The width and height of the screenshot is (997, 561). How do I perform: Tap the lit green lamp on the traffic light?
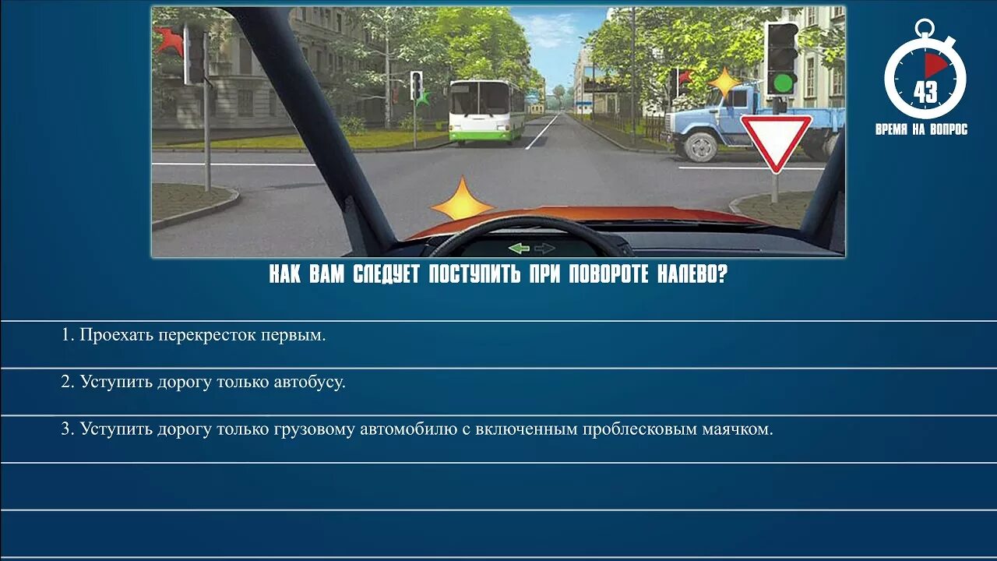point(783,83)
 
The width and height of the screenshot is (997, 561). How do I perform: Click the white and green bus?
point(486,111)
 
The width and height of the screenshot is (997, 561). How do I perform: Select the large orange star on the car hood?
point(461,200)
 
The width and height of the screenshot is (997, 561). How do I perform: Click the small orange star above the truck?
point(724,83)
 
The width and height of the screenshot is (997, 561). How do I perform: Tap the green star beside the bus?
point(423,98)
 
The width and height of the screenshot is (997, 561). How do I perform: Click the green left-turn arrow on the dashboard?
point(519,249)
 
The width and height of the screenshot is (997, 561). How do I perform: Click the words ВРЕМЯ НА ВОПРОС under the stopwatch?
point(921,130)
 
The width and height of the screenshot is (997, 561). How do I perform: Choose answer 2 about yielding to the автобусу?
point(203,383)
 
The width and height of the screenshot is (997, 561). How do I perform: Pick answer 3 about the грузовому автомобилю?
point(417,429)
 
